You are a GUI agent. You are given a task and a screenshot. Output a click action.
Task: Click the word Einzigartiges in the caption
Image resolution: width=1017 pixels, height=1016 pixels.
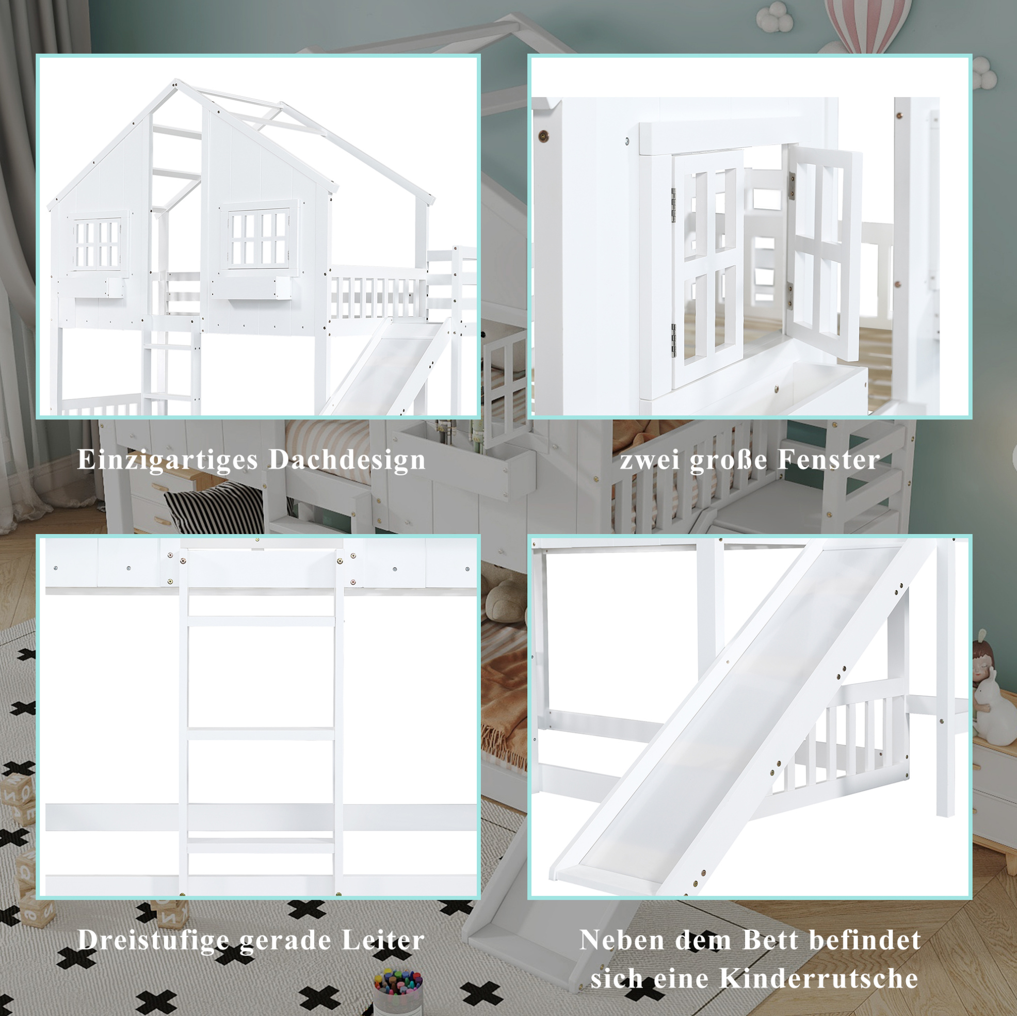(168, 460)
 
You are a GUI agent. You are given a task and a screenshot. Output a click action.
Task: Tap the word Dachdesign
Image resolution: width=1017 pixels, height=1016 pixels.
(347, 459)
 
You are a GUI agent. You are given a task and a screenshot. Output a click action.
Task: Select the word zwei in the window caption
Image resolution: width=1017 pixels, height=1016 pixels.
(651, 460)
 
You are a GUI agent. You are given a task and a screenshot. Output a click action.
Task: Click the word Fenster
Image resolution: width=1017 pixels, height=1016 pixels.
(829, 459)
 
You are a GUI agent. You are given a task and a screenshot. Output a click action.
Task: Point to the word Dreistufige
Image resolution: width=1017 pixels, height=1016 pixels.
(155, 940)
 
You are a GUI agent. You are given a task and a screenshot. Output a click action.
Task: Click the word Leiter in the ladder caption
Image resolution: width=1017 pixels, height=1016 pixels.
(383, 940)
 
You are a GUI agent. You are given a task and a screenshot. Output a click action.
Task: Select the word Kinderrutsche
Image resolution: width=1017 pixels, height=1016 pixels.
(818, 979)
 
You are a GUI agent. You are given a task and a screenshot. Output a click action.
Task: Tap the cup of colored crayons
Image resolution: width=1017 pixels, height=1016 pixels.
(398, 992)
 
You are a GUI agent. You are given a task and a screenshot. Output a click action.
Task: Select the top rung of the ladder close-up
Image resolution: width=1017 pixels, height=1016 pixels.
(261, 621)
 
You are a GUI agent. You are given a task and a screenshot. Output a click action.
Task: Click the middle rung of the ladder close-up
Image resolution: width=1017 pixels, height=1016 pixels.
(261, 734)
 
